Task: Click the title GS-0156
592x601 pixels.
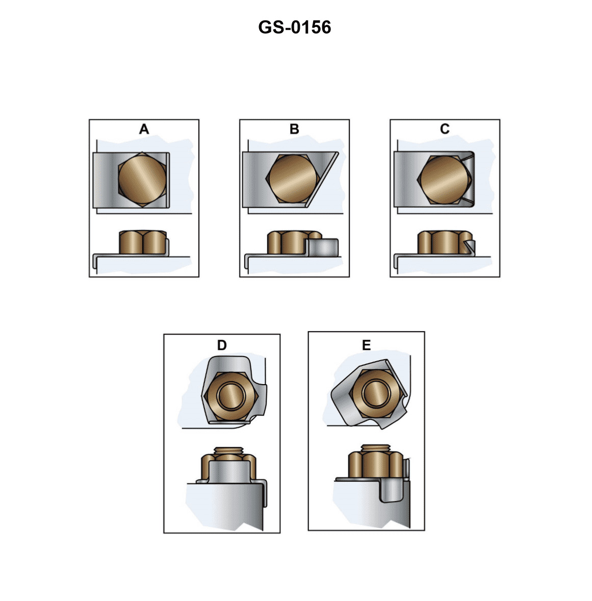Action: pos(295,27)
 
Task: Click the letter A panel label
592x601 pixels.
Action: pos(144,130)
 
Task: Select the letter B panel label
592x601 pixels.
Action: pos(294,130)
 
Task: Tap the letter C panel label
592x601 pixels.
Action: pos(445,130)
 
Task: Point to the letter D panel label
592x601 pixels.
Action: pos(222,345)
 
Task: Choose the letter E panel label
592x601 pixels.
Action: pos(366,345)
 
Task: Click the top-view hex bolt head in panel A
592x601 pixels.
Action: pos(142,179)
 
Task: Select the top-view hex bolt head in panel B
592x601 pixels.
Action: pos(291,179)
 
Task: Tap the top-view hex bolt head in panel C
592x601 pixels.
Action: pos(443,179)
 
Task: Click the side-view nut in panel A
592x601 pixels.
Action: pos(142,242)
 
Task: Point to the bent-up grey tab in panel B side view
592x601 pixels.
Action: pos(324,247)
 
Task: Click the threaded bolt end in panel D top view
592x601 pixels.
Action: pos(233,395)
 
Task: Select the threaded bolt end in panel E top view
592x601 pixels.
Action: pos(377,393)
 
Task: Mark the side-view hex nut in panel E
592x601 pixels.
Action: pos(374,464)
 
